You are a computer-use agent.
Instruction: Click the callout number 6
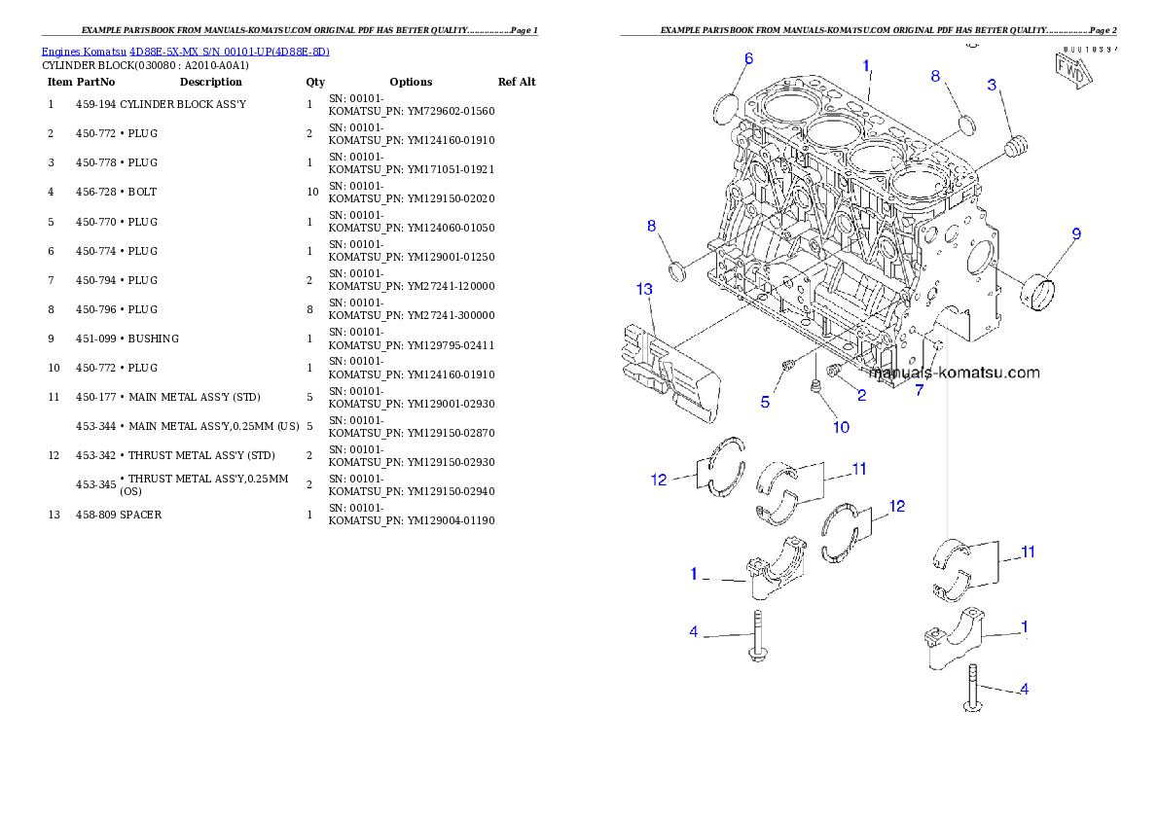748,58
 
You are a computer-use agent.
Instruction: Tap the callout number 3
992,85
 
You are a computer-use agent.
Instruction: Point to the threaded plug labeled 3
1016,149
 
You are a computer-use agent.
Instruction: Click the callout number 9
1076,233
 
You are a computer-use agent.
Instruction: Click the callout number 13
644,289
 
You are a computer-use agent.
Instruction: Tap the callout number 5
765,402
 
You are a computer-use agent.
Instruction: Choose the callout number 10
840,427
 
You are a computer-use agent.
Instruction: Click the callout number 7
918,391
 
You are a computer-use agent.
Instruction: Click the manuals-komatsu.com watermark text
954,373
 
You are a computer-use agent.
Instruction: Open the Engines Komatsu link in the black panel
185,52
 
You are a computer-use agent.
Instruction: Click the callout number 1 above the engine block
866,65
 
